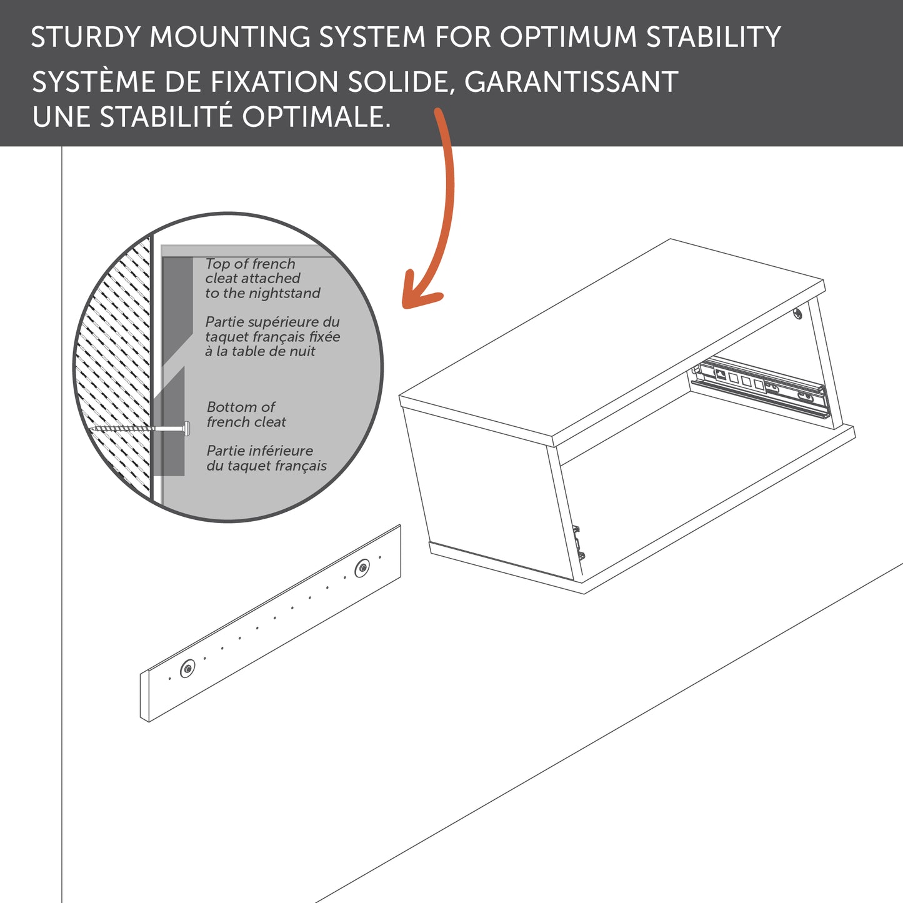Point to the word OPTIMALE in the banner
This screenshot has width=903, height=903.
[316, 117]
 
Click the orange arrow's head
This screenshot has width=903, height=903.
[417, 294]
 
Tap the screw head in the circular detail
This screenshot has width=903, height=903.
[186, 428]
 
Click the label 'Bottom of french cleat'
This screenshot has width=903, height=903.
[246, 414]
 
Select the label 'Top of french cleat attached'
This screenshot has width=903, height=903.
[252, 271]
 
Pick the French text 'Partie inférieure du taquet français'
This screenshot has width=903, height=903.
[266, 458]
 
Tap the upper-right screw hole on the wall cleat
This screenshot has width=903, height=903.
[362, 569]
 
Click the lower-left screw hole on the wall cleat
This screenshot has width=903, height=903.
[187, 669]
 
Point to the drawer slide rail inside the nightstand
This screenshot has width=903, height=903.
[762, 385]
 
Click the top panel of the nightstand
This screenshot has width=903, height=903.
[612, 337]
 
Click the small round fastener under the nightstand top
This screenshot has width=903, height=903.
[798, 313]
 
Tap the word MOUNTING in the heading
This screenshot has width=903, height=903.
[229, 37]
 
